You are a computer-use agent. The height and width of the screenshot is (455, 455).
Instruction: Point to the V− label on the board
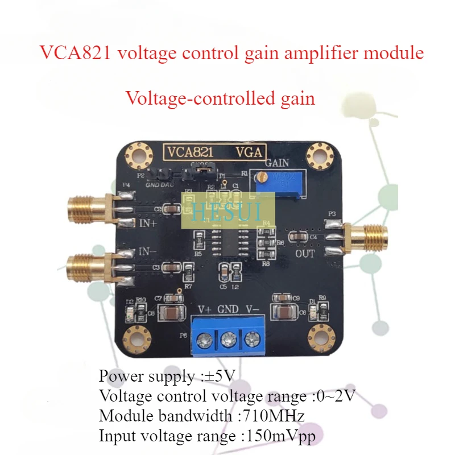pyautogui.click(x=254, y=311)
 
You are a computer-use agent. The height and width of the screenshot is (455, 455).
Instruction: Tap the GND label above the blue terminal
pyautogui.click(x=227, y=311)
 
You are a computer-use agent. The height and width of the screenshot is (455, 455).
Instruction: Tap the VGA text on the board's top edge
pyautogui.click(x=249, y=152)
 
